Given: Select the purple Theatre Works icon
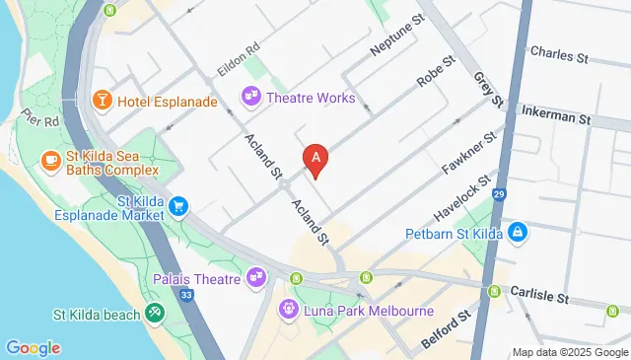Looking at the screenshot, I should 250,96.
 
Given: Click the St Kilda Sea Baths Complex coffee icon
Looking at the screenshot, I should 50,159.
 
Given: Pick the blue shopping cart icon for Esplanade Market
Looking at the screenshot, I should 178,206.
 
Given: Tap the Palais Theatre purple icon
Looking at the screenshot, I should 257,278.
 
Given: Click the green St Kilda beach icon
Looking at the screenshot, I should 154,315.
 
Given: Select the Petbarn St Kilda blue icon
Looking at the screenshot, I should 518,234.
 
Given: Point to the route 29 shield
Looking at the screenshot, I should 500,194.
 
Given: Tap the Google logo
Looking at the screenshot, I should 33,347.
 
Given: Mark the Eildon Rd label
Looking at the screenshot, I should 238,60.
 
